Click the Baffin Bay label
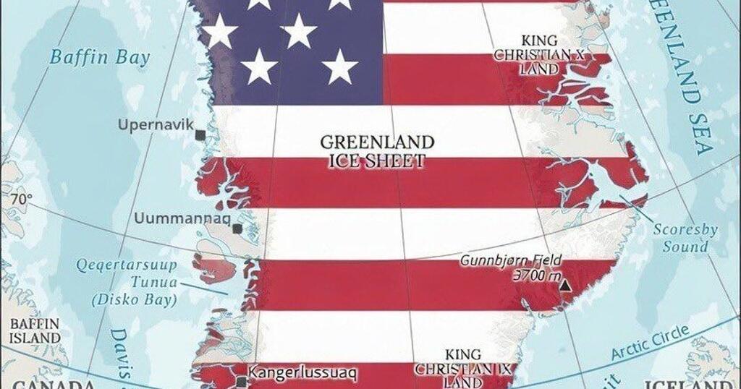[99, 56]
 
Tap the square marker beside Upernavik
[200, 134]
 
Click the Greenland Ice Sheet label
[377, 150]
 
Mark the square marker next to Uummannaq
[237, 228]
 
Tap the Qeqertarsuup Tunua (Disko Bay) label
[127, 282]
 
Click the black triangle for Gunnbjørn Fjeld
[565, 286]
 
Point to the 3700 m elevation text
[536, 275]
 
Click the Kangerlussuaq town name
[302, 373]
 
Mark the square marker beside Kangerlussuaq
[242, 381]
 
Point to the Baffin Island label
[34, 330]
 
